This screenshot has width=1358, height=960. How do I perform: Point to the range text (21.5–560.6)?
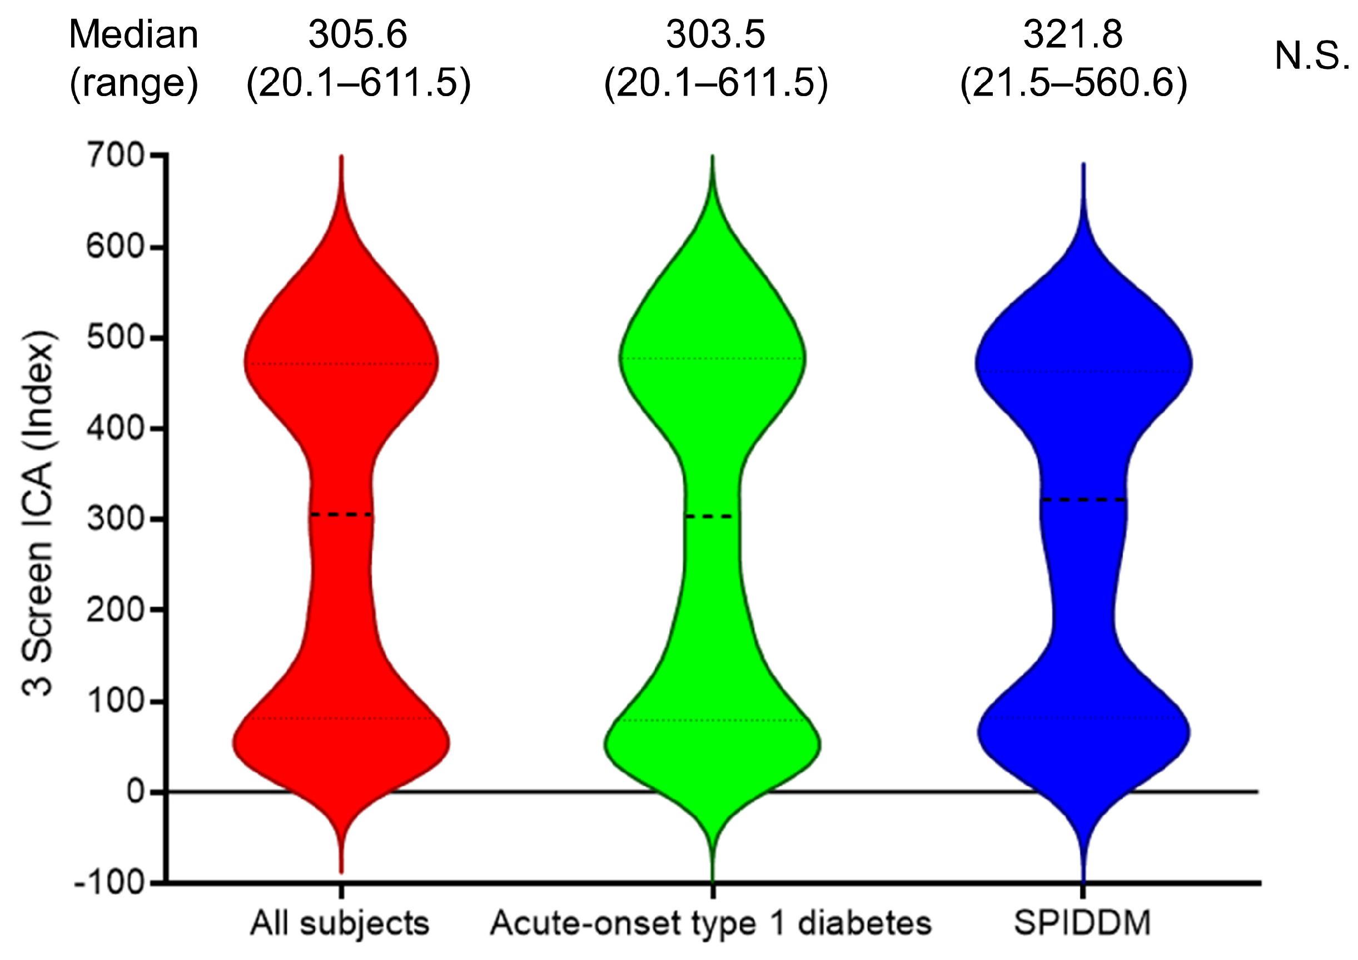[1073, 83]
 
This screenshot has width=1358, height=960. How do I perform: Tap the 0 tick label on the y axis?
[136, 792]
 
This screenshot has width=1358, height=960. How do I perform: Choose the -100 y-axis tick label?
[110, 883]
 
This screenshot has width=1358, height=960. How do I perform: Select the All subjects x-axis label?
[340, 923]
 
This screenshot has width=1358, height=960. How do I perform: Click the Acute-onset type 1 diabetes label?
[711, 923]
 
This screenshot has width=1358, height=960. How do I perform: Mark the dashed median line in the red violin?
[342, 515]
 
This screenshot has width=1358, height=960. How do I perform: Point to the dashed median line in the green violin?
[709, 517]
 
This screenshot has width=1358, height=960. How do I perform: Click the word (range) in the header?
[133, 83]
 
